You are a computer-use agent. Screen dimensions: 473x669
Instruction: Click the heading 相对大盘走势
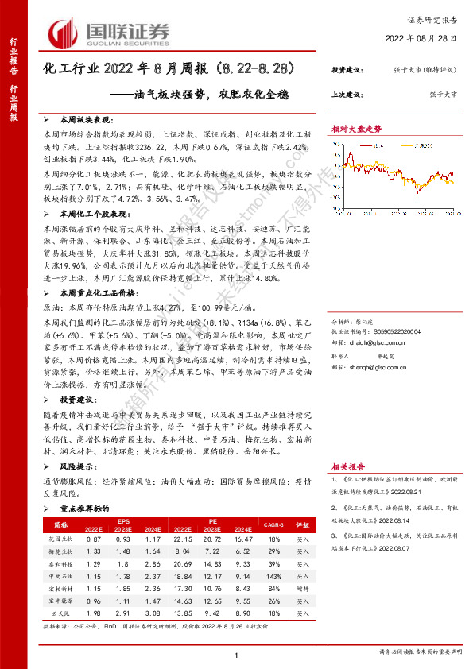[x=356, y=128]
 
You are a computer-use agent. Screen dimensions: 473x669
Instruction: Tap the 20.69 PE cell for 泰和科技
[x=183, y=563]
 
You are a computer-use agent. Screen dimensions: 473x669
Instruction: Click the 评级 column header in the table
[x=303, y=525]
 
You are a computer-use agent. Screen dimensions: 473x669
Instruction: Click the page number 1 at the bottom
[x=236, y=655]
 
